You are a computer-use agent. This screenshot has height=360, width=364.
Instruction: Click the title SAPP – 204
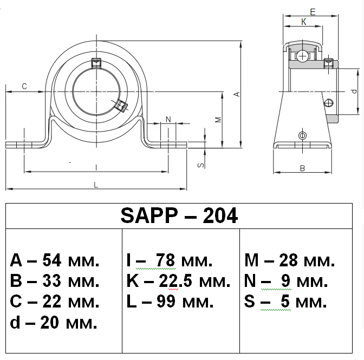click(x=179, y=216)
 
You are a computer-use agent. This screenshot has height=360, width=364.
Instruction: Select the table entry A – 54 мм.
click(x=55, y=261)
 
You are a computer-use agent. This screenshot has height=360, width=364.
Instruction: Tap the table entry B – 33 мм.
click(x=55, y=282)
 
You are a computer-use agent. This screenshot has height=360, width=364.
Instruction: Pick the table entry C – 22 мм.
click(x=55, y=302)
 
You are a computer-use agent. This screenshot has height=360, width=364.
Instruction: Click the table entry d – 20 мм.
click(x=54, y=323)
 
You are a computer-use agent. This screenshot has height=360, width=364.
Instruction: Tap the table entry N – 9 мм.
click(x=286, y=282)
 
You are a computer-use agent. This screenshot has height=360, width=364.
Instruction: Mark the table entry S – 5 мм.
click(x=285, y=302)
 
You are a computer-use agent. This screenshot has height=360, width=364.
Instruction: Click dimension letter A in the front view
click(x=236, y=94)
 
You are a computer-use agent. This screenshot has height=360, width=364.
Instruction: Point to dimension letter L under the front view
click(x=96, y=185)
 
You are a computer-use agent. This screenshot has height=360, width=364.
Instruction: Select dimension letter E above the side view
click(x=313, y=11)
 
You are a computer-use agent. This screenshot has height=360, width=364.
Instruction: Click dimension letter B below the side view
click(x=303, y=168)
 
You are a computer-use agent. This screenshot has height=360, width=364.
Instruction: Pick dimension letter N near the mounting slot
click(x=168, y=119)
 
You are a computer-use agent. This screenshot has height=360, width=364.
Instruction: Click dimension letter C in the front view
click(x=24, y=87)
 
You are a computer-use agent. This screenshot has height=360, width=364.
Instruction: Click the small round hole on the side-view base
click(x=302, y=135)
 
